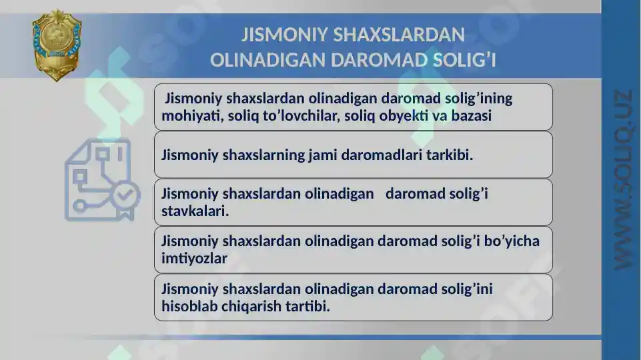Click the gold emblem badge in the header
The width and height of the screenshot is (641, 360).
(57, 45)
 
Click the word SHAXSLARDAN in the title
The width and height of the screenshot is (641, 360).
(399, 35)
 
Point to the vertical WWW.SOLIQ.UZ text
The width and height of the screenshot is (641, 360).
(623, 180)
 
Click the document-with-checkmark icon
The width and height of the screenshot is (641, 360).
(102, 180)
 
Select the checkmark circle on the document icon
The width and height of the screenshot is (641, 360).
(126, 196)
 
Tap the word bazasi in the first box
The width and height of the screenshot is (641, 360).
(472, 115)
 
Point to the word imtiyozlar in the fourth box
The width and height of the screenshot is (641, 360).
(194, 258)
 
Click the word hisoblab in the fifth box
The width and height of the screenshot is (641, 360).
(189, 306)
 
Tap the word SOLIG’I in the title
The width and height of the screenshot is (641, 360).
(464, 60)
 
